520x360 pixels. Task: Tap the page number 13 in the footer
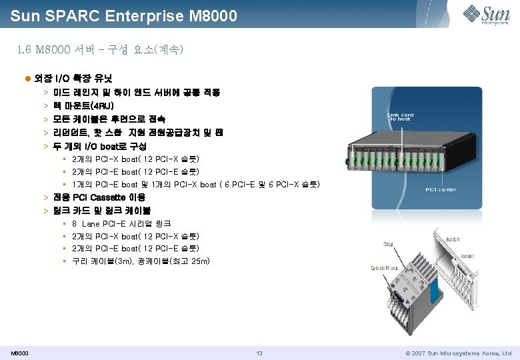[x=260, y=353]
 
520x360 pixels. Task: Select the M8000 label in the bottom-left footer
[x=19, y=353]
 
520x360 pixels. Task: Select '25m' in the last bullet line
[x=197, y=261]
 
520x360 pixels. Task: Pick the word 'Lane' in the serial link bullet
[x=91, y=223]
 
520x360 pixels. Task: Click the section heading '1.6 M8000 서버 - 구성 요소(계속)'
[x=101, y=49]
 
